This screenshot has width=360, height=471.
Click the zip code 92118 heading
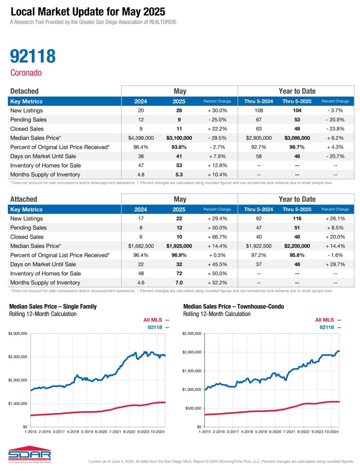click(33, 57)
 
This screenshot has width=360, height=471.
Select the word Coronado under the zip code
click(26, 73)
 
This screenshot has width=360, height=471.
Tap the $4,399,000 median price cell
click(140, 138)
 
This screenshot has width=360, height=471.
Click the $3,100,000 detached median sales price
click(180, 138)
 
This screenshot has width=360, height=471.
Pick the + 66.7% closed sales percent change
click(218, 236)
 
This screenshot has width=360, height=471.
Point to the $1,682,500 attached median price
click(140, 246)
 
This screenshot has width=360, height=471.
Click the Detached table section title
click(24, 91)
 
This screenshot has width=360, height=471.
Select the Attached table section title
click(23, 199)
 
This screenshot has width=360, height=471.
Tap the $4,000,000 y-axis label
click(18, 333)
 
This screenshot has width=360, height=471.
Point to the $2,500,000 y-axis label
click(192, 333)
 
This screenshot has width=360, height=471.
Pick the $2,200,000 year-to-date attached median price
click(297, 246)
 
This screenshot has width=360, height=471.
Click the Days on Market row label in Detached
click(40, 156)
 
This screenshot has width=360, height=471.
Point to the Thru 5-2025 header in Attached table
click(297, 209)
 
